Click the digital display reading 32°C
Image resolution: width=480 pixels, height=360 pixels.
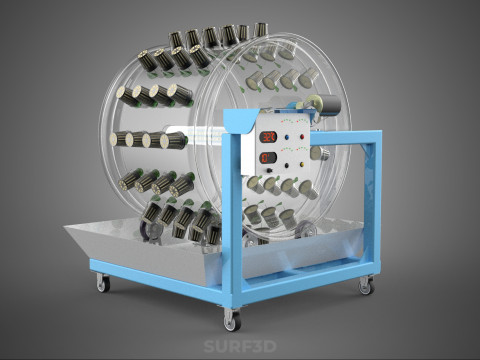(268, 136)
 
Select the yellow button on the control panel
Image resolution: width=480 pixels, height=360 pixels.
(302, 164)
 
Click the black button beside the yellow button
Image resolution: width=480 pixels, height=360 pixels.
(287, 165)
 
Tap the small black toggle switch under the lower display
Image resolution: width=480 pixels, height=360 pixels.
(269, 171)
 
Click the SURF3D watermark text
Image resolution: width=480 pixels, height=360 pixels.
(240, 347)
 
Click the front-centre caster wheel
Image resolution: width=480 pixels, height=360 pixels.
(232, 320)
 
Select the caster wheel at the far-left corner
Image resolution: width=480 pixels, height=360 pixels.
(103, 283)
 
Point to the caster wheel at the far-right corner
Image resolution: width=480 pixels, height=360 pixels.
(366, 286)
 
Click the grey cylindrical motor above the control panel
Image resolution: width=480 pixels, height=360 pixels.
(328, 105)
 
